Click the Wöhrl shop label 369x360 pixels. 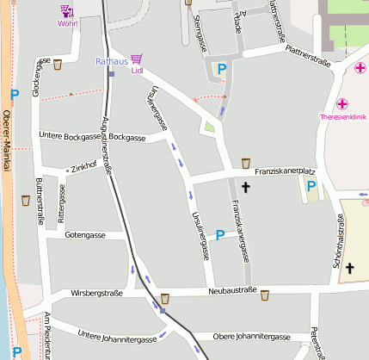pyautogui.click(x=67, y=23)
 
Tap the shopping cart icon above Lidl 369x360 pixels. pyautogui.click(x=136, y=59)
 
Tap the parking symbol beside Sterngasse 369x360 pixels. pyautogui.click(x=221, y=69)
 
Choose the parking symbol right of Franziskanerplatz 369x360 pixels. pyautogui.click(x=311, y=185)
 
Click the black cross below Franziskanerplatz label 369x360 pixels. pyautogui.click(x=245, y=186)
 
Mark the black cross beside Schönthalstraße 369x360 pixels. pyautogui.click(x=349, y=269)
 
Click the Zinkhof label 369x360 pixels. pyautogui.click(x=83, y=169)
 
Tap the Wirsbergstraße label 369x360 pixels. pyautogui.click(x=96, y=293)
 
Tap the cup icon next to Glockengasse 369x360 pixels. pyautogui.click(x=58, y=65)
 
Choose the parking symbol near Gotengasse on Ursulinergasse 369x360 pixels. pyautogui.click(x=220, y=234)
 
